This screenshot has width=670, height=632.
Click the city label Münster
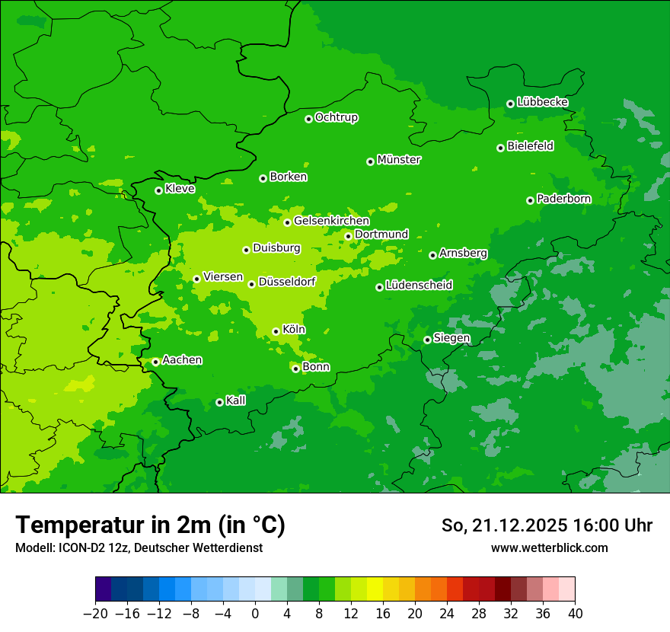[399, 160]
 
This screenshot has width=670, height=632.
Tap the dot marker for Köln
[276, 331]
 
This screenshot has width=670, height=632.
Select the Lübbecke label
[542, 102]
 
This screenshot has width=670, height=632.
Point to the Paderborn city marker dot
[530, 200]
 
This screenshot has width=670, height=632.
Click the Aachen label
[182, 360]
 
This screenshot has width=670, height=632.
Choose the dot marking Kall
[219, 402]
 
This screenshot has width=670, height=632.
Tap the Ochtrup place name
[337, 117]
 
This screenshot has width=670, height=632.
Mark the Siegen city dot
[427, 340]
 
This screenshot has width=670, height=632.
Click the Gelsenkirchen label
[331, 221]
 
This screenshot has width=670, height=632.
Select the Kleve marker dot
[158, 190]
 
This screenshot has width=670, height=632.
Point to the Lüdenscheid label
[419, 286]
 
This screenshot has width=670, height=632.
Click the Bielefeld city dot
[500, 148]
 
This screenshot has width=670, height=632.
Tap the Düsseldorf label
[287, 282]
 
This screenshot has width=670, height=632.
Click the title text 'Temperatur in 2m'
[151, 525]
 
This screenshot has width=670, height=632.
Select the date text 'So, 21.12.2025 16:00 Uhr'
[547, 525]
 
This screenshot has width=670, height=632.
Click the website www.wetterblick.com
[549, 547]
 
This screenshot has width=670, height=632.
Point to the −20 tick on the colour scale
[95, 614]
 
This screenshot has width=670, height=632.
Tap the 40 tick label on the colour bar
[575, 614]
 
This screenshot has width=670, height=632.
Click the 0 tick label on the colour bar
[255, 614]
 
